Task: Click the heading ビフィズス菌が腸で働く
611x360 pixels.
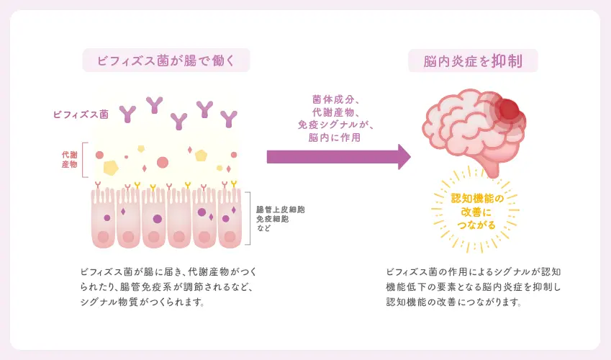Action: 166,60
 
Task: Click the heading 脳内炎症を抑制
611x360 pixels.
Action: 473,60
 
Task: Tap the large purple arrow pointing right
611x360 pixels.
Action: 338,156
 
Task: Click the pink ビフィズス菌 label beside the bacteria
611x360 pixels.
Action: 81,114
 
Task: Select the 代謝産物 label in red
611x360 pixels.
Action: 70,160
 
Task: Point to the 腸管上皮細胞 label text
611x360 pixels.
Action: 281,210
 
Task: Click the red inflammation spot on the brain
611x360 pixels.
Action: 508,109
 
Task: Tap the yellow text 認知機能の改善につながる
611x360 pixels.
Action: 473,211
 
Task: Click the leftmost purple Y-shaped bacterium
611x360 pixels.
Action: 128,113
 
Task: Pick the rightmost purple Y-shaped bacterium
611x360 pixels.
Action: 230,118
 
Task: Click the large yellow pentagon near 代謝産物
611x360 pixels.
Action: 110,167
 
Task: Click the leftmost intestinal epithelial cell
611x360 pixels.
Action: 104,219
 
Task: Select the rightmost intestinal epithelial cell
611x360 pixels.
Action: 230,219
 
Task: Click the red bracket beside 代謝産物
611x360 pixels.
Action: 84,159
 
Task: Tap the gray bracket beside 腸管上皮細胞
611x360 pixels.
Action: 248,215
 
